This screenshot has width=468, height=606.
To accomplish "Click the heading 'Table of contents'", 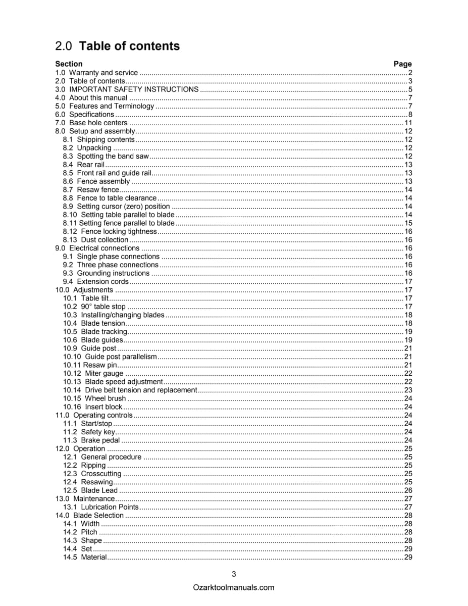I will (129, 46).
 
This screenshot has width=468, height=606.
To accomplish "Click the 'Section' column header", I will (69, 64).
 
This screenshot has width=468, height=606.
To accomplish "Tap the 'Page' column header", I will (402, 64).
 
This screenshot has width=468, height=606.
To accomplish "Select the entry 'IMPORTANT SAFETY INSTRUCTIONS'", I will (134, 89).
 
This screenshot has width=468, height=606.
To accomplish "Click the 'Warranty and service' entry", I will (103, 73).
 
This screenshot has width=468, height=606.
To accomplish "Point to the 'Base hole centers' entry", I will (98, 123).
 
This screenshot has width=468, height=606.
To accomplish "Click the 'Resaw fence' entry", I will (98, 189).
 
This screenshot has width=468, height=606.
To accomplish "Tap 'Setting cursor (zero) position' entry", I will (123, 206).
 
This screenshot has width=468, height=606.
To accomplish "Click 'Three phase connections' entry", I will (118, 265).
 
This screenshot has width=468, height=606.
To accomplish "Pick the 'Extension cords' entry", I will (103, 281).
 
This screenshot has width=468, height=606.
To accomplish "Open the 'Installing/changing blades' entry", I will (123, 315).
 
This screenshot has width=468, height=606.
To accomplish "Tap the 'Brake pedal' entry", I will (100, 440).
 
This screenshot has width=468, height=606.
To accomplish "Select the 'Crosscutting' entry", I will (101, 474).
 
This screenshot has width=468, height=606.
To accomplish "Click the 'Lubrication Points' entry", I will (110, 507).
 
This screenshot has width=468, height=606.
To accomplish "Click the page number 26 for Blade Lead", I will (408, 490).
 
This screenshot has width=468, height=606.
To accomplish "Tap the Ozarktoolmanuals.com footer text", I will (234, 587).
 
